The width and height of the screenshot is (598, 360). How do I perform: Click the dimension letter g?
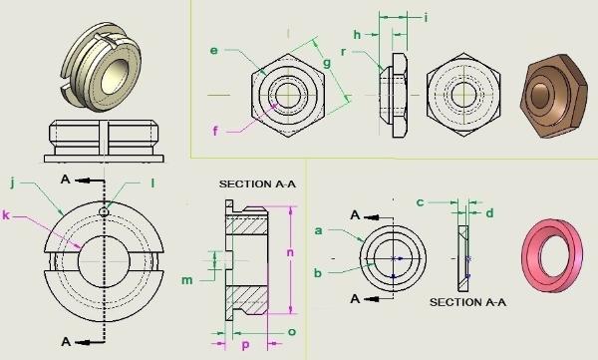pyautogui.click(x=327, y=64)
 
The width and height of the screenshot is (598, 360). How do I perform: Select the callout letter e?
pyautogui.click(x=214, y=51)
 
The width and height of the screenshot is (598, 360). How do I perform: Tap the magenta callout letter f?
pyautogui.click(x=215, y=131)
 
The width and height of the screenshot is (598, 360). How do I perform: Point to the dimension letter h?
pyautogui.click(x=357, y=35)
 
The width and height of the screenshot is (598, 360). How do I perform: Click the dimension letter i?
pyautogui.click(x=426, y=18)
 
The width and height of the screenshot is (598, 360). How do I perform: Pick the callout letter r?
pyautogui.click(x=343, y=52)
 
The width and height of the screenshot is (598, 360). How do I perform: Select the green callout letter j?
pyautogui.click(x=13, y=183)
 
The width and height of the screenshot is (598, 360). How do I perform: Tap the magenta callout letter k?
pyautogui.click(x=6, y=215)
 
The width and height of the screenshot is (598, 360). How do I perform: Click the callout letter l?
pyautogui.click(x=152, y=183)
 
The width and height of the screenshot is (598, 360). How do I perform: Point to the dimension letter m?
pyautogui.click(x=187, y=280)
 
